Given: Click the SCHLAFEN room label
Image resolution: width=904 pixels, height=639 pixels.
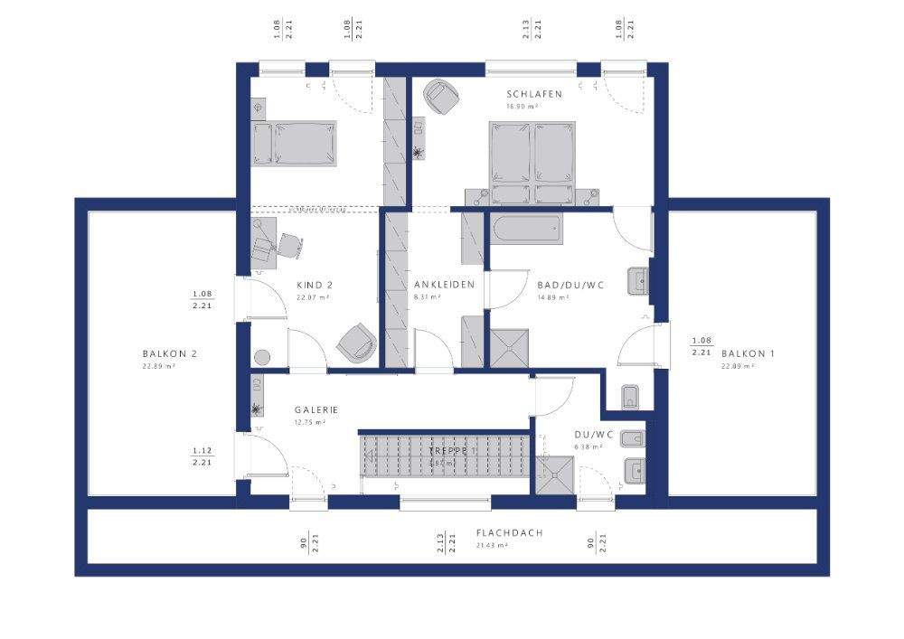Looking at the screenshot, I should [x=534, y=94].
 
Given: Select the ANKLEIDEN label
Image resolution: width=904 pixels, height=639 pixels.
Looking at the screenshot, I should [x=444, y=285].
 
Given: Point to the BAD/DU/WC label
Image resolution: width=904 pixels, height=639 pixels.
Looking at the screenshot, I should [x=570, y=285].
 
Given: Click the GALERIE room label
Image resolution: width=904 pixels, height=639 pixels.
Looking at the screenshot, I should [x=315, y=409].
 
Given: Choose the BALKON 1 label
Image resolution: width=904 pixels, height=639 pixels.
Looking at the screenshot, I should [x=747, y=353].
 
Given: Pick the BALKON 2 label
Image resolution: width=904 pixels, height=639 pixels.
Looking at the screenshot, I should [x=169, y=353].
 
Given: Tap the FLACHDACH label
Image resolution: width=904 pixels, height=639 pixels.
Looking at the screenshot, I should [x=509, y=533].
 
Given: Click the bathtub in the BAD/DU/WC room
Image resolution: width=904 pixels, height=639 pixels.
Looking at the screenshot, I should [x=524, y=229].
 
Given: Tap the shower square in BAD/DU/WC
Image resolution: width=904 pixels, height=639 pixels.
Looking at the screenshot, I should [x=509, y=348].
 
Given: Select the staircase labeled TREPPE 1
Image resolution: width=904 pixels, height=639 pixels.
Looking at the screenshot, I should [x=445, y=456].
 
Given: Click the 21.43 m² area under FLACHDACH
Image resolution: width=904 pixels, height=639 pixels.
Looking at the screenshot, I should [x=493, y=545].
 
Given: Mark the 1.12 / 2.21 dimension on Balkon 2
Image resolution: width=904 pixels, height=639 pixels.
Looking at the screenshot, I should [x=202, y=456].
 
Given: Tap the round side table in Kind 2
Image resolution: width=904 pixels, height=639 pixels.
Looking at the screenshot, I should [x=263, y=358].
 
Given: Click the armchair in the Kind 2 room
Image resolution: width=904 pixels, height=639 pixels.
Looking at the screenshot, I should [x=356, y=343].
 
